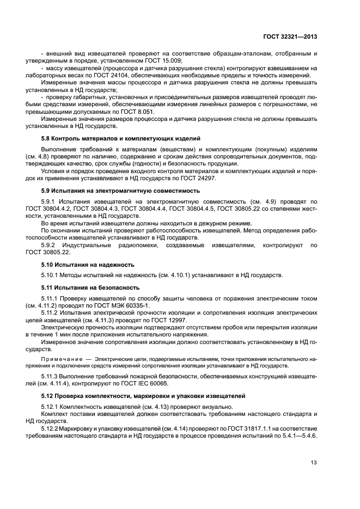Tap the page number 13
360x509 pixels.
(x=313, y=463)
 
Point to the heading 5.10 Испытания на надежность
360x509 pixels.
(x=83, y=263)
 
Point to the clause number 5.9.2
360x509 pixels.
(x=50, y=245)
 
